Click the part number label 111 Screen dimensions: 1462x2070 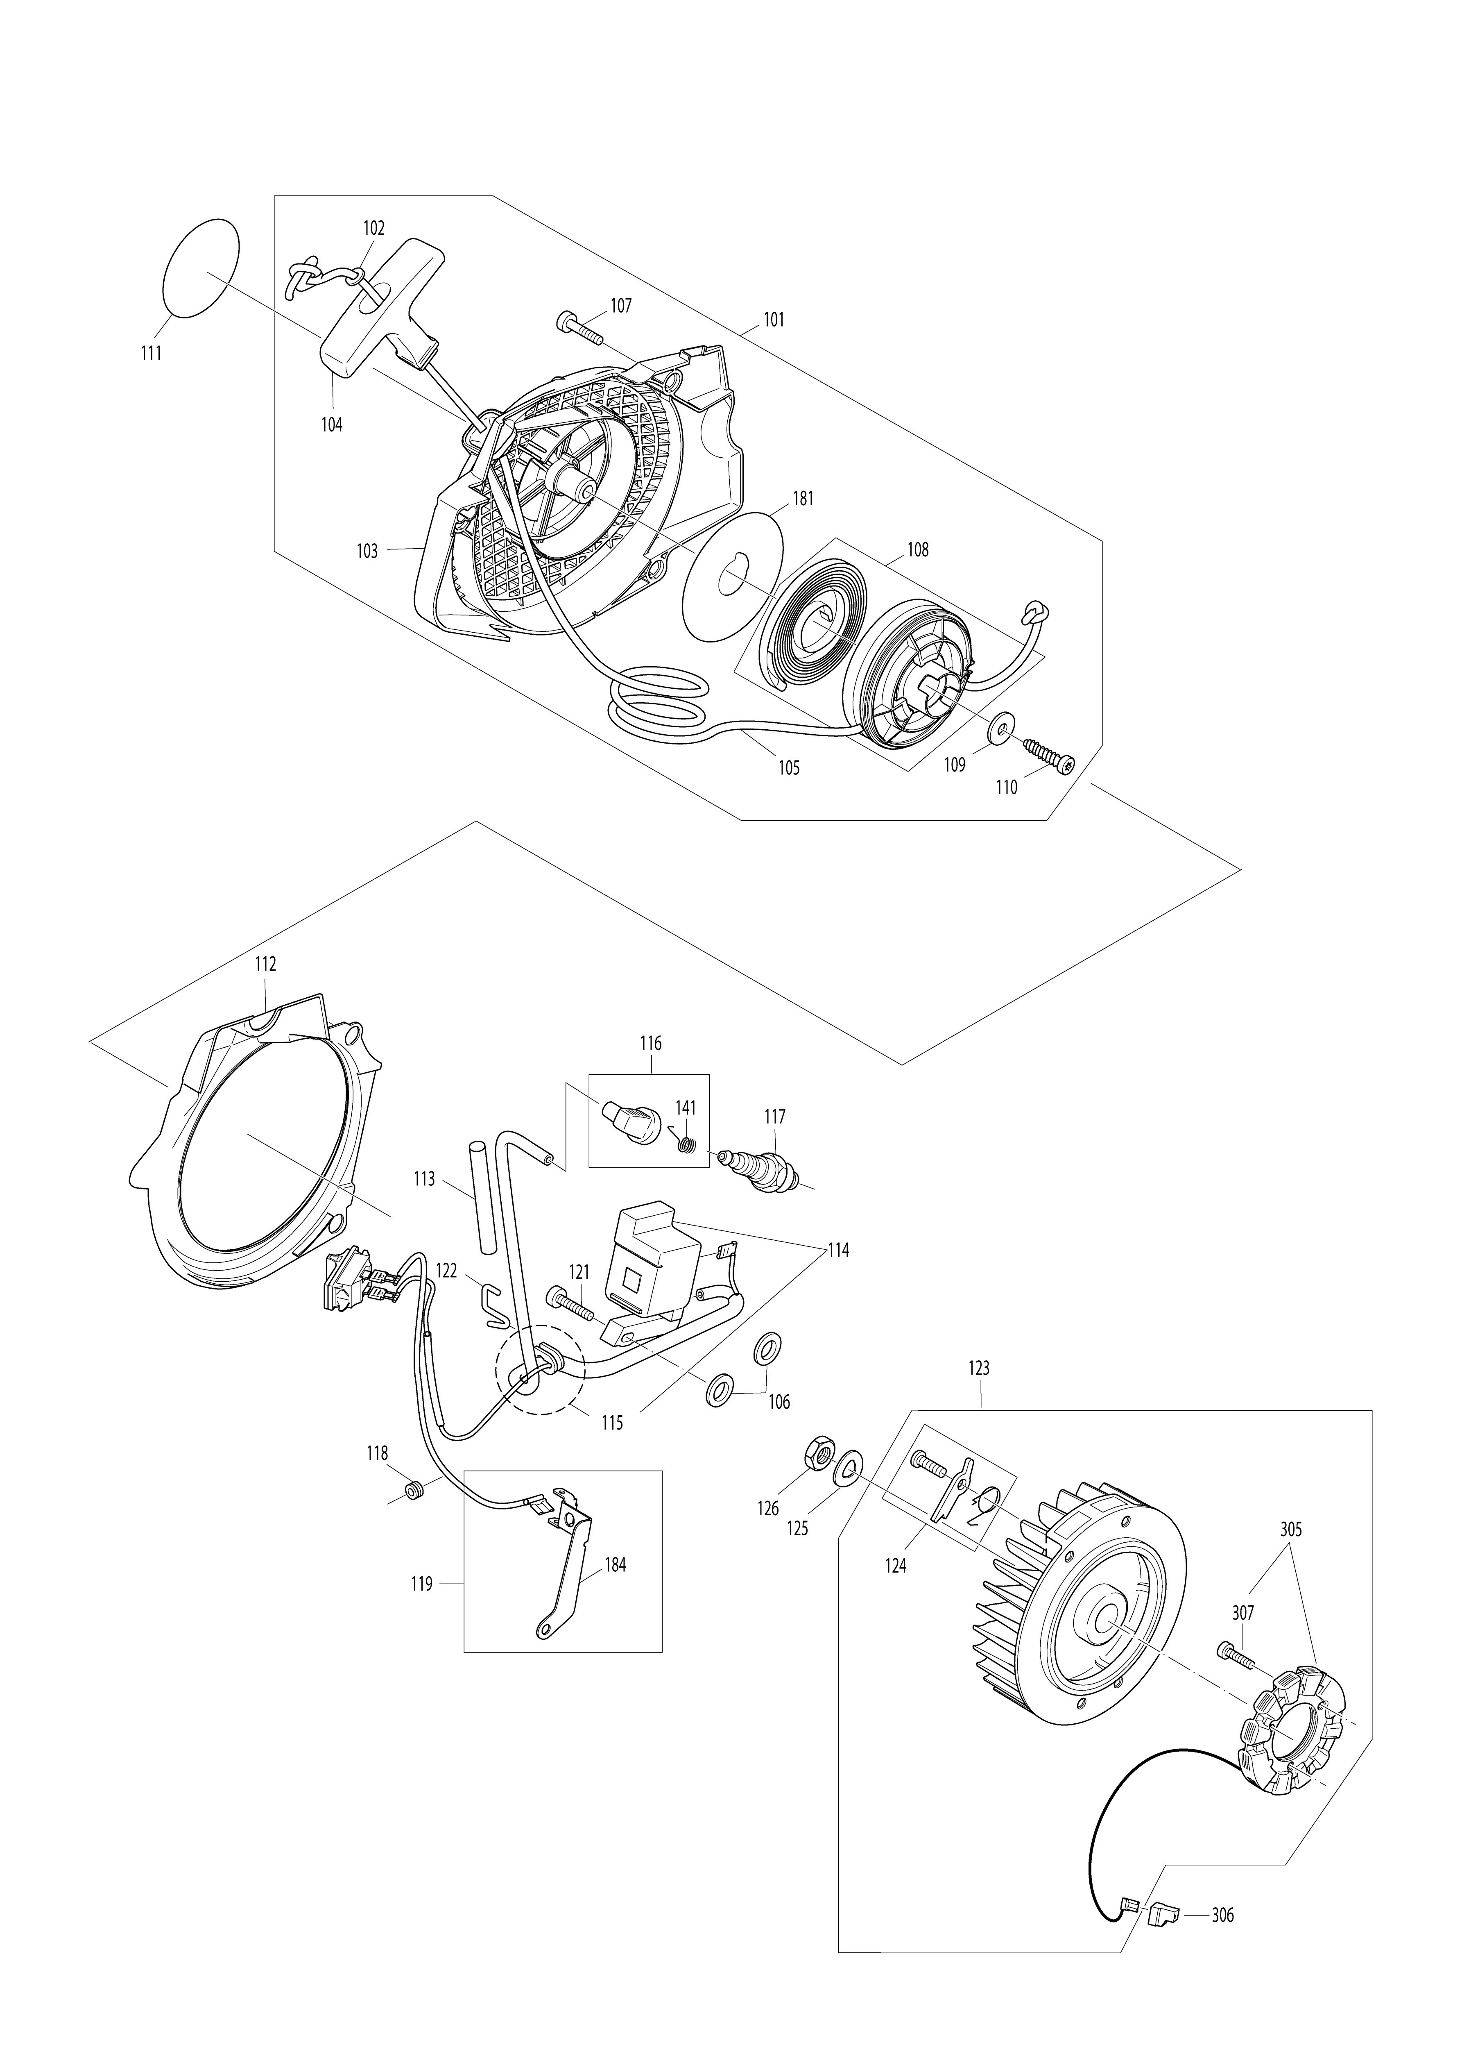[151, 354]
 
